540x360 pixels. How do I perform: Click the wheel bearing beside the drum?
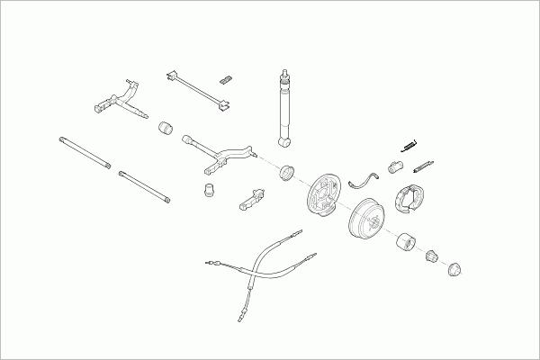(405, 241)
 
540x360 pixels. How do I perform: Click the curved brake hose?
(362, 177)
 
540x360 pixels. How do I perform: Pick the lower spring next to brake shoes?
(423, 167)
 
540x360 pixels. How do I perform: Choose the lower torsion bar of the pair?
(144, 186)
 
